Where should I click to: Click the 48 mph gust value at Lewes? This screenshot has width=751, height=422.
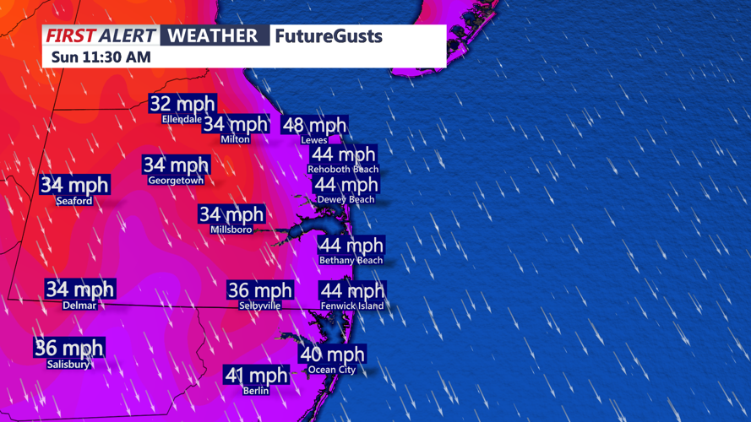314,126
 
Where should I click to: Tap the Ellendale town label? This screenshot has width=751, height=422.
182,119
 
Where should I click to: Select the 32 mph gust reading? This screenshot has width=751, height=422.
182,104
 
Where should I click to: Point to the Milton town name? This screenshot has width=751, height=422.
235,139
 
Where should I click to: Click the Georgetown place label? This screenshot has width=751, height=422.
176,181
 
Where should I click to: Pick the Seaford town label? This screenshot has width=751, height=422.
74,201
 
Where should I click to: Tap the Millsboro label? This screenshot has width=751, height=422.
231,230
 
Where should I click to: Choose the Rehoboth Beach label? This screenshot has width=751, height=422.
343,170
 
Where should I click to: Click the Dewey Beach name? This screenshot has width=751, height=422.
346,199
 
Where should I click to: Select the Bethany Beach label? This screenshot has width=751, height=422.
351,261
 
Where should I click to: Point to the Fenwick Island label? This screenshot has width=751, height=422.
352,306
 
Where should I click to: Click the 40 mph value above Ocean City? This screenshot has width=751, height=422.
332,354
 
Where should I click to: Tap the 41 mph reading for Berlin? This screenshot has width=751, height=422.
256,375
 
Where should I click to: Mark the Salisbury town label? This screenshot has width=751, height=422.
68,365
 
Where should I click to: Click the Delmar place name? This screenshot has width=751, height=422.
79,306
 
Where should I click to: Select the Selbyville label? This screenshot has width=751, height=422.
259,306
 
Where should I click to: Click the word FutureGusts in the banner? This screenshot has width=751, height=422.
329,36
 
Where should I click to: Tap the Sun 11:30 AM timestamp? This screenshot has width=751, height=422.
101,57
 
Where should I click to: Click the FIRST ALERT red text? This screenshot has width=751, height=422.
101,36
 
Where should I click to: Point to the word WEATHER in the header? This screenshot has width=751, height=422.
212,36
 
